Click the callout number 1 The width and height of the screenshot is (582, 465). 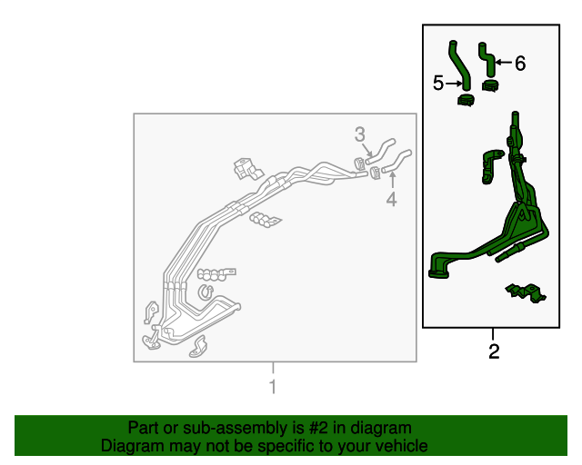[273, 387]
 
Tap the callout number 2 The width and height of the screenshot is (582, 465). [494, 351]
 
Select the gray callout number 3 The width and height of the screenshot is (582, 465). [360, 134]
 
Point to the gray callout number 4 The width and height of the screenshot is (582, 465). [392, 199]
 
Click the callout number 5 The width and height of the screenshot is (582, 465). [438, 83]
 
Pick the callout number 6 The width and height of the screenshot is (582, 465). [520, 64]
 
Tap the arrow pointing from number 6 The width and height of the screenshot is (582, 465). [503, 63]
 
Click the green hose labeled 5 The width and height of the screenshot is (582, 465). [458, 64]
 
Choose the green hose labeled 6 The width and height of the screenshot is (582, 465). [487, 59]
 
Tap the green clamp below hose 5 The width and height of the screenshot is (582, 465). [466, 100]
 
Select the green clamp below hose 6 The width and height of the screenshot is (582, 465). [490, 85]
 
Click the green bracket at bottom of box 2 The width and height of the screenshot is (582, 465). [526, 293]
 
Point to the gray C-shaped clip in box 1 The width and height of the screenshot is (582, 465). [205, 292]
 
